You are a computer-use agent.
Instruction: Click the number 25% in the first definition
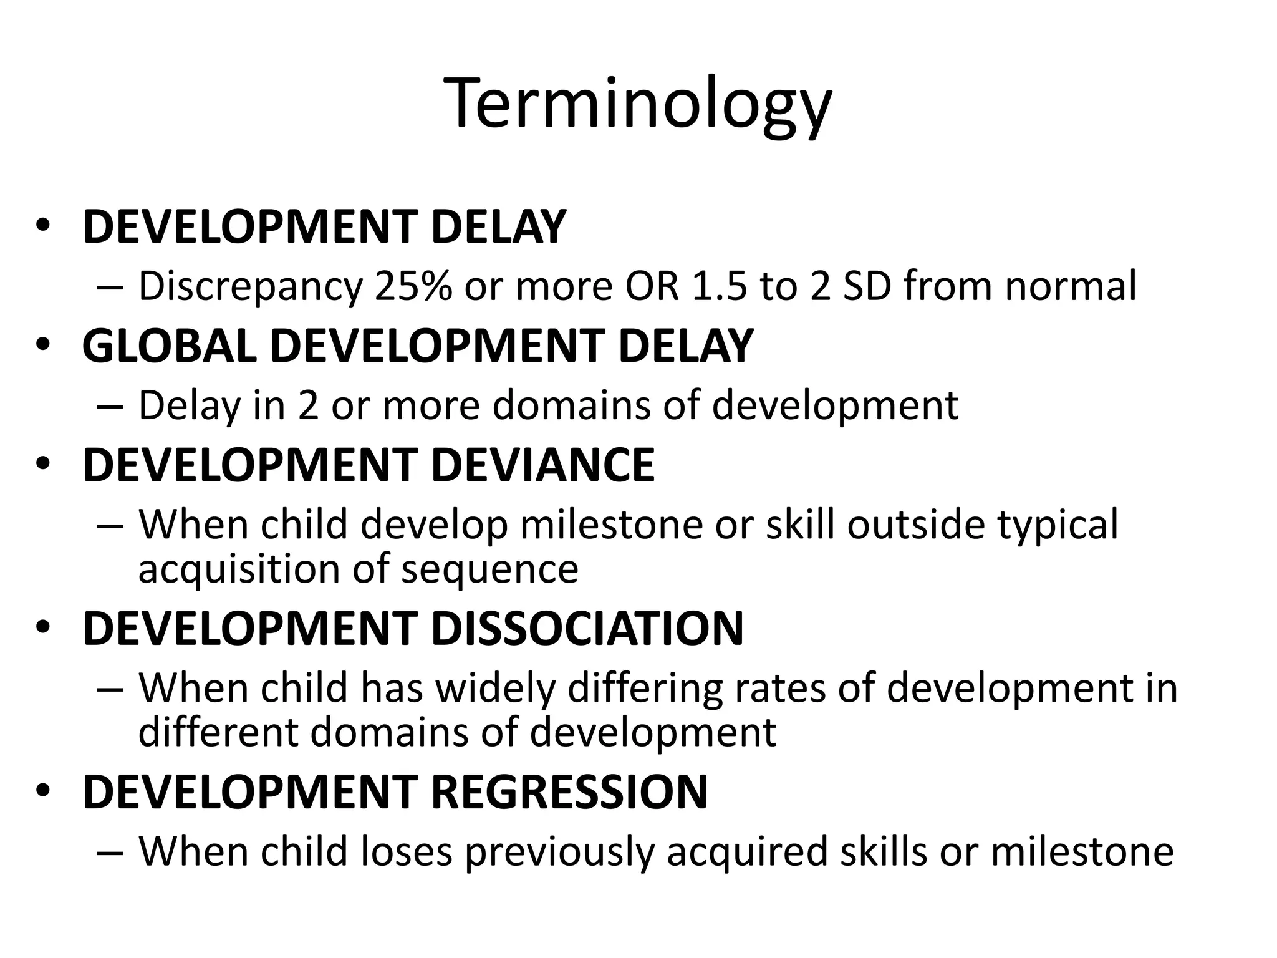413,286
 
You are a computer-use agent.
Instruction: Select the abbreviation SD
867,286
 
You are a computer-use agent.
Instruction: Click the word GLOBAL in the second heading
169,346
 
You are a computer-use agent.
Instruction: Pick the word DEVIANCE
542,465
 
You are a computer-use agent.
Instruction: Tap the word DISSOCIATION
587,629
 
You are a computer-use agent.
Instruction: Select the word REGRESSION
569,792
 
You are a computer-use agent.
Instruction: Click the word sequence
489,569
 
